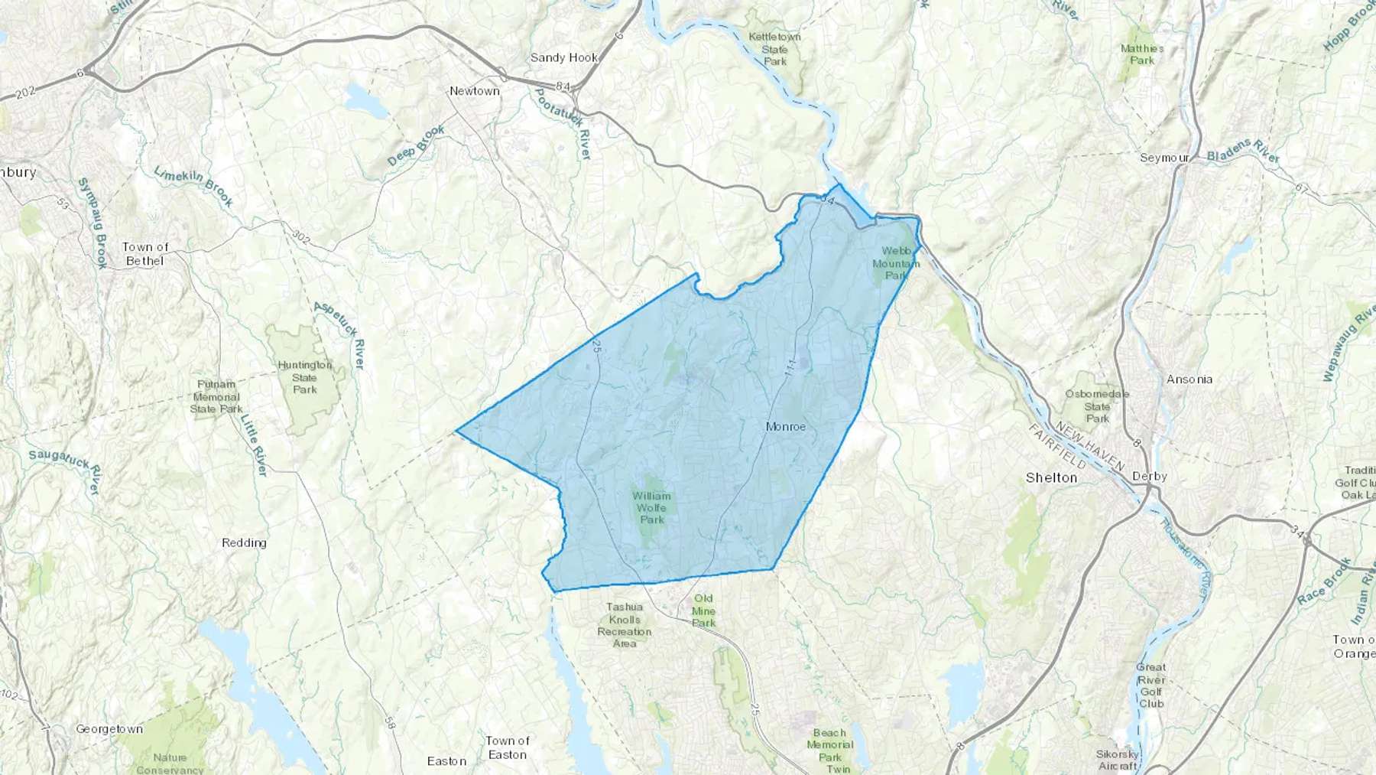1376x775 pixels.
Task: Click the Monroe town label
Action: (x=786, y=427)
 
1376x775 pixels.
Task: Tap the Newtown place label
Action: (x=474, y=91)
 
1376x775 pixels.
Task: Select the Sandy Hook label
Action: (x=564, y=58)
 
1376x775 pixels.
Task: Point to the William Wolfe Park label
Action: (x=651, y=508)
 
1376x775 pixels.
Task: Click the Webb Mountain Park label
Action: (x=896, y=262)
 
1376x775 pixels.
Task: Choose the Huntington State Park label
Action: (x=304, y=377)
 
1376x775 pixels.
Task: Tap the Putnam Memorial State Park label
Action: (x=216, y=396)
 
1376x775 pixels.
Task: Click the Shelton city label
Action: (x=1051, y=478)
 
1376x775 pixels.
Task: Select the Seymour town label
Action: (x=1164, y=158)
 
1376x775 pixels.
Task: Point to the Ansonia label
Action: (x=1189, y=379)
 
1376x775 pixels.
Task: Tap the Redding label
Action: (x=244, y=543)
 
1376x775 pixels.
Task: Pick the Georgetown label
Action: (x=109, y=729)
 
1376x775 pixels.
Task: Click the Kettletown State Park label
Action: (x=774, y=49)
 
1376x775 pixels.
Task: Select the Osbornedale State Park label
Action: (x=1097, y=406)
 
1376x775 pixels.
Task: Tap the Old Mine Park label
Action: (x=703, y=611)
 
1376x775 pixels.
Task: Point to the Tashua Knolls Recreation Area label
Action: (x=625, y=625)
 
